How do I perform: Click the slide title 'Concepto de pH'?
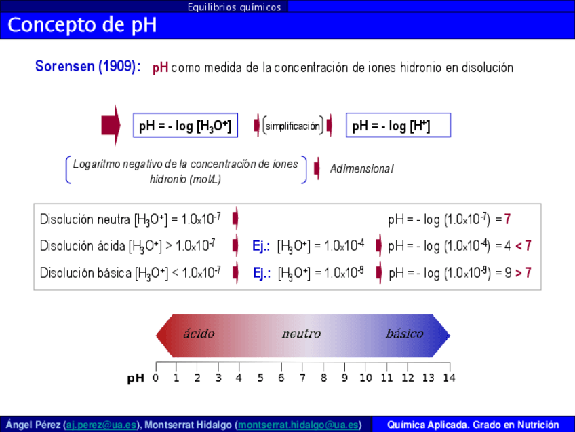click(82, 25)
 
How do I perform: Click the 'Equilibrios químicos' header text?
click(235, 7)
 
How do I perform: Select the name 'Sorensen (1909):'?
click(88, 67)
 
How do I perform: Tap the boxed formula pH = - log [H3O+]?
click(185, 126)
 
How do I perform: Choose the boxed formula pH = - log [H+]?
click(398, 126)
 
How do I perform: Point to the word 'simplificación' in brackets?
click(293, 126)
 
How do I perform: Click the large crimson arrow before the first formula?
click(111, 125)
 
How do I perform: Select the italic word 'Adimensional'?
click(361, 168)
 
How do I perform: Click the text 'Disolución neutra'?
click(85, 219)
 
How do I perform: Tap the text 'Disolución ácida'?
click(83, 246)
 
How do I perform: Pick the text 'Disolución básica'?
click(85, 273)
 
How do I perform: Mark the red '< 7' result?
click(523, 245)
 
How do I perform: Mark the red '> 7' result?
click(523, 273)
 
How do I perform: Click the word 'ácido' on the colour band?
click(199, 334)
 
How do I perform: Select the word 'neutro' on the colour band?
click(302, 334)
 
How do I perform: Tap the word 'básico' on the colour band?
click(405, 334)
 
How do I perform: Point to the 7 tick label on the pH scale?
click(302, 378)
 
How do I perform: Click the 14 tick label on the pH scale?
click(449, 378)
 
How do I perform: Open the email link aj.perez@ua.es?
click(101, 425)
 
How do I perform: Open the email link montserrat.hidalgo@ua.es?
click(298, 425)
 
